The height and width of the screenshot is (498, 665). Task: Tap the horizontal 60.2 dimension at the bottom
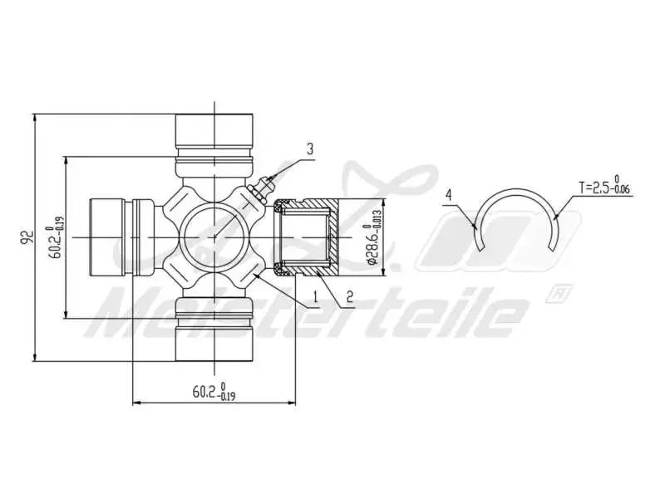(x=214, y=391)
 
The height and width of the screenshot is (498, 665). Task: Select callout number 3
(x=309, y=149)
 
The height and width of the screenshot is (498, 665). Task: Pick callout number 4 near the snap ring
(x=449, y=195)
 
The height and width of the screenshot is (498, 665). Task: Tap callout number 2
(x=350, y=295)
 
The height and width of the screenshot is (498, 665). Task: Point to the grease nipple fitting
(x=259, y=188)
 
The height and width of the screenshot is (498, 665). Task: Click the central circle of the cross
(x=214, y=237)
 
